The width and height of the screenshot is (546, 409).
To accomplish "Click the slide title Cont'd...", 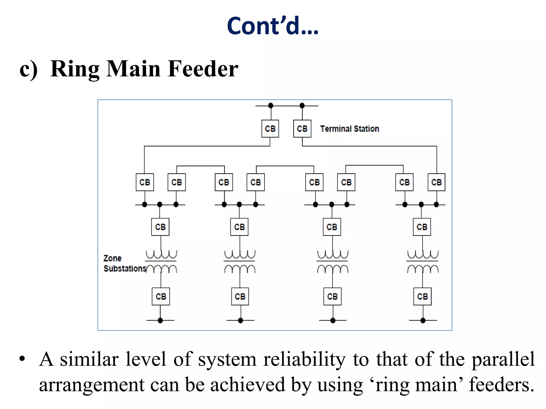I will coord(272,26).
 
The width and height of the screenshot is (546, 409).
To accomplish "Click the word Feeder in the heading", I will coord(203,69).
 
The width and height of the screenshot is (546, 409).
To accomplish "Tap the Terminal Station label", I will coord(349,129).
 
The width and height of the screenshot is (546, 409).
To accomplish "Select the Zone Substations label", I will coord(125,263).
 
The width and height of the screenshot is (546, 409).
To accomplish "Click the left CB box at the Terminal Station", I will coord(270,129).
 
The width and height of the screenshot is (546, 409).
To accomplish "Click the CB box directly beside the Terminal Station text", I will coord(302,129).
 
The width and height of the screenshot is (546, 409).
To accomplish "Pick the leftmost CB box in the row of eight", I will coord(144,182).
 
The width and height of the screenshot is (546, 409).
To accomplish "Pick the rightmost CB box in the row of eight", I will coord(436,182).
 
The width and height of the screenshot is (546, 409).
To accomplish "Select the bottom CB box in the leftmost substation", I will coord(161,296).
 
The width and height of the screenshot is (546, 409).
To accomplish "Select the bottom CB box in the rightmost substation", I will coord(422,296).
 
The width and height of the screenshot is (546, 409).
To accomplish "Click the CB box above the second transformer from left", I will coord(239,227).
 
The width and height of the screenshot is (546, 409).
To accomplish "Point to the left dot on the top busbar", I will coord(271,105).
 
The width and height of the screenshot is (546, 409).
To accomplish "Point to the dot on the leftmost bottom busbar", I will coord(160,320).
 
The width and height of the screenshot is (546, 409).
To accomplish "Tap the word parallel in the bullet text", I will coord(503,359).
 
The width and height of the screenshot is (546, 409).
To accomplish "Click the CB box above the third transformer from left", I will coord(332,227).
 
